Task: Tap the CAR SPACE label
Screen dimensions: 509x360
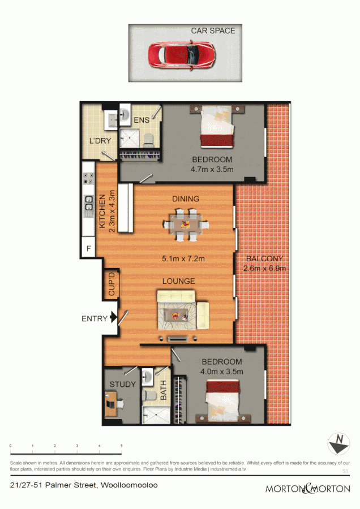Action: (x=213, y=31)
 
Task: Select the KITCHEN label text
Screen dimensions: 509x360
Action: (x=102, y=212)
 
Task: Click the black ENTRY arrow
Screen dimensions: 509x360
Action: (x=113, y=318)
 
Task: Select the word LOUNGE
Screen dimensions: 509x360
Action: (x=178, y=281)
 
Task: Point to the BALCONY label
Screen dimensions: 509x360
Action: (x=264, y=259)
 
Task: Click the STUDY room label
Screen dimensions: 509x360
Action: (x=122, y=385)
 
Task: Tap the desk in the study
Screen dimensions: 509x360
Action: (x=115, y=403)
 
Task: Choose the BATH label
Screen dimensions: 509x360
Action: (x=163, y=391)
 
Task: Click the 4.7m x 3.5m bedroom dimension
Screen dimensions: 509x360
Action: (x=212, y=169)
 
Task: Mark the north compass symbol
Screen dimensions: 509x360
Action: (x=338, y=442)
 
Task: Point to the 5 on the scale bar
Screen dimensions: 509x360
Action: (x=122, y=446)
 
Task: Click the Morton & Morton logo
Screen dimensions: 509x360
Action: (x=308, y=488)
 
